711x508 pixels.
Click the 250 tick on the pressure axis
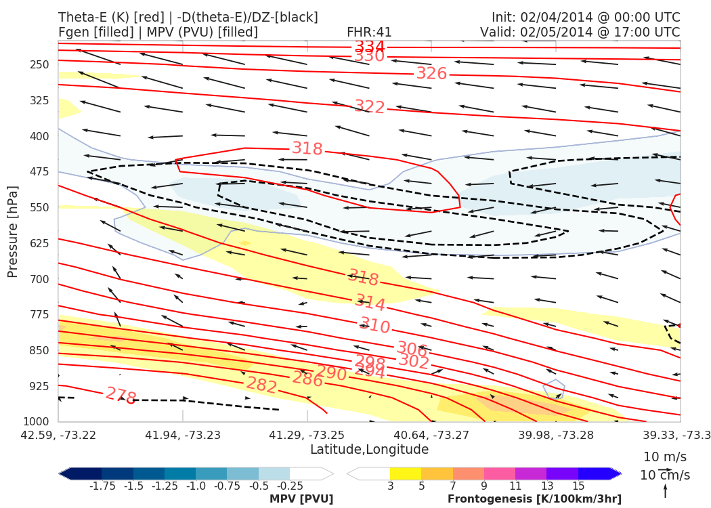(40, 65)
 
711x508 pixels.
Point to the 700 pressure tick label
(40, 279)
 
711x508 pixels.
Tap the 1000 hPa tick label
(37, 422)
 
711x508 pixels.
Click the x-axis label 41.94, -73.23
(182, 434)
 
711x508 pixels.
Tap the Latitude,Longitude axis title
(369, 450)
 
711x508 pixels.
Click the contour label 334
(370, 47)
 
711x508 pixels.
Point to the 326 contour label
(431, 73)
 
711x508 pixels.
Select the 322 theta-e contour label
(370, 107)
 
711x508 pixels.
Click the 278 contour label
(121, 396)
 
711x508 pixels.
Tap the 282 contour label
(261, 385)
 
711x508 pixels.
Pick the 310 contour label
(374, 326)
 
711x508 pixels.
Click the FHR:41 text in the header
(369, 33)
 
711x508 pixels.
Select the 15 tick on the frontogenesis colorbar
(578, 486)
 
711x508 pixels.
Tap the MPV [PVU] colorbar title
(301, 499)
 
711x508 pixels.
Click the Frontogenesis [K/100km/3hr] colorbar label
(534, 499)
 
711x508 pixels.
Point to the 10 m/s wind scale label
(662, 457)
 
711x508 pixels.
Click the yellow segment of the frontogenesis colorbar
(405, 473)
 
